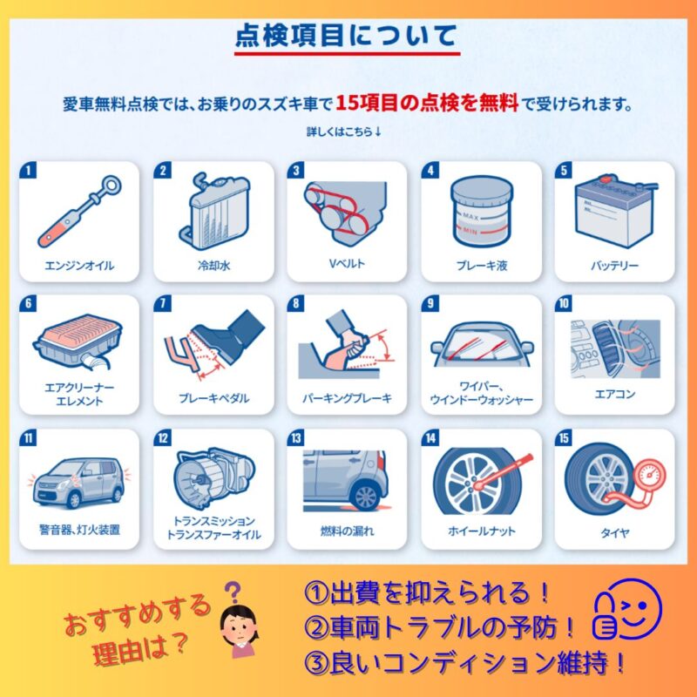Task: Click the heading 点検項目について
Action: (346, 36)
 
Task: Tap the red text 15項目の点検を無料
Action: (427, 103)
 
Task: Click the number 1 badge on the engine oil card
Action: (29, 170)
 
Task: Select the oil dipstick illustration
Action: (79, 211)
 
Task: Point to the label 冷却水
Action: (213, 266)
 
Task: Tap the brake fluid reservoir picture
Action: (482, 212)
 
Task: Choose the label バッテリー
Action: (614, 266)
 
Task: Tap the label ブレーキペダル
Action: (213, 398)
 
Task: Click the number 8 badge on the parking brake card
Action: (296, 303)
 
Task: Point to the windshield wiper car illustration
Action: (482, 345)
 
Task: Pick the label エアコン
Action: (615, 394)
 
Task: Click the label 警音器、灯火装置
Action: (79, 530)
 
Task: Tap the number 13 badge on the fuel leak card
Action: (296, 438)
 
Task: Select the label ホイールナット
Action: (482, 531)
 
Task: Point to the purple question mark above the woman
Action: (233, 592)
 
